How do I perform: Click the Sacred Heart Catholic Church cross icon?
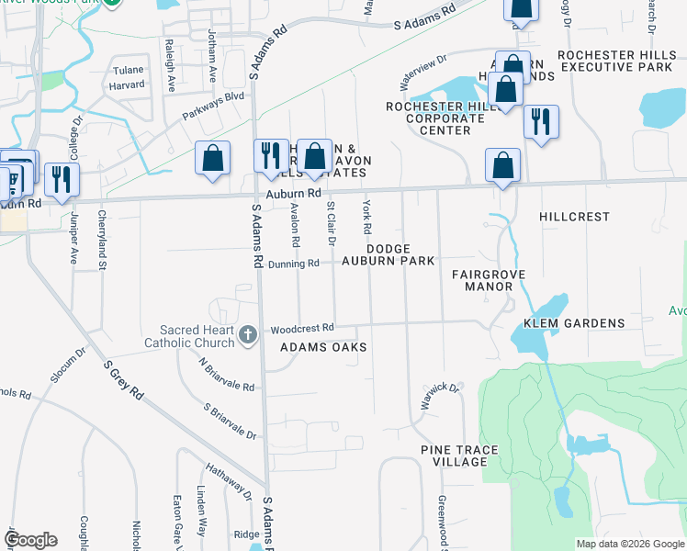pyautogui.click(x=246, y=335)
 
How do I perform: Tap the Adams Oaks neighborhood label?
pyautogui.click(x=323, y=347)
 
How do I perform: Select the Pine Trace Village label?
pyautogui.click(x=459, y=455)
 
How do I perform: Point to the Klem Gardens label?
pyautogui.click(x=574, y=323)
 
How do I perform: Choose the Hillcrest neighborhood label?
pyautogui.click(x=574, y=217)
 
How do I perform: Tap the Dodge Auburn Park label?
pyautogui.click(x=400, y=254)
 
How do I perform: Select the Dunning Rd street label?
pyautogui.click(x=294, y=264)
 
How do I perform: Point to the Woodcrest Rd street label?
pyautogui.click(x=301, y=328)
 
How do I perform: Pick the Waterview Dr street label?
pyautogui.click(x=422, y=71)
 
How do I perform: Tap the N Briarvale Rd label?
pyautogui.click(x=227, y=375)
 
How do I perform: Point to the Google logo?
pyautogui.click(x=30, y=540)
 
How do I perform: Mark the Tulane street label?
pyautogui.click(x=128, y=71)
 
